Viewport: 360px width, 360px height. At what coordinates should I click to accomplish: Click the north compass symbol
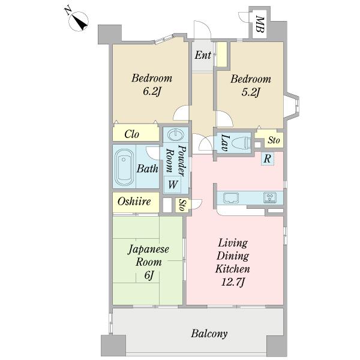(78, 21)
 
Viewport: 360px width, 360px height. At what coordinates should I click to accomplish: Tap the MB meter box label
(260, 24)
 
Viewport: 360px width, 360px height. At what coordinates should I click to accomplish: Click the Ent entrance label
(203, 55)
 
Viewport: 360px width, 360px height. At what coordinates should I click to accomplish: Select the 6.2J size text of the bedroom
(151, 91)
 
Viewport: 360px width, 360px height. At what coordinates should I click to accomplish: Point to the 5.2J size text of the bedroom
(250, 92)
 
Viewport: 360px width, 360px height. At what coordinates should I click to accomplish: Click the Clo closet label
(131, 134)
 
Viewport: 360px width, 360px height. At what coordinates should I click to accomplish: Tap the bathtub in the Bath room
(124, 167)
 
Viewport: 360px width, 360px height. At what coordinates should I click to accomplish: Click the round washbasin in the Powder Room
(176, 134)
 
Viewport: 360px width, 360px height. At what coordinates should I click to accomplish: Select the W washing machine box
(173, 184)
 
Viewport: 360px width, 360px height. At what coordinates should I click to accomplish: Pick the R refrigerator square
(267, 158)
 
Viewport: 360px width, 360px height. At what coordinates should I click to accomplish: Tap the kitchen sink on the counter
(231, 197)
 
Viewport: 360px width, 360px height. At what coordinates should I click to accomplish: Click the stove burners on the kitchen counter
(270, 197)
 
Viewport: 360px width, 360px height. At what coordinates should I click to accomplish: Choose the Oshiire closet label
(134, 202)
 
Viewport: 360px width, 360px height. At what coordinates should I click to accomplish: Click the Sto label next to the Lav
(274, 140)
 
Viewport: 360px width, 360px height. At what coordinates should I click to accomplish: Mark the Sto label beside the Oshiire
(182, 205)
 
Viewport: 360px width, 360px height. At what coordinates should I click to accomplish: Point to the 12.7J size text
(232, 282)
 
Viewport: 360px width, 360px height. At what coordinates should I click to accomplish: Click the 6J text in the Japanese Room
(149, 275)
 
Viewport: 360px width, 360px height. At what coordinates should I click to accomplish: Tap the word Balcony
(209, 334)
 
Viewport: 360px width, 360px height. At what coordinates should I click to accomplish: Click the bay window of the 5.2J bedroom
(292, 106)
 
